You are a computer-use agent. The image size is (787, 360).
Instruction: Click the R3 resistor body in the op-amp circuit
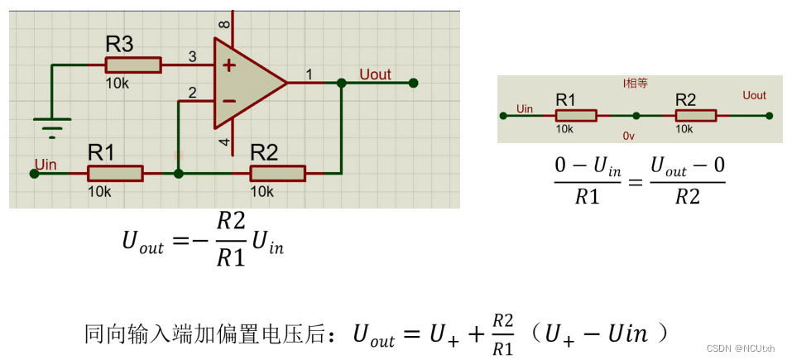[x=132, y=65]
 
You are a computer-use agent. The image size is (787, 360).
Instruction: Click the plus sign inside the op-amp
[x=228, y=65]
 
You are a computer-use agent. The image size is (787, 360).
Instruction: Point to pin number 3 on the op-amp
[x=192, y=57]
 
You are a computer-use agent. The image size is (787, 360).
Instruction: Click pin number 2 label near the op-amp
[x=192, y=93]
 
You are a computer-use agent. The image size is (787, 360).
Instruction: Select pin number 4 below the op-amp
[x=223, y=143]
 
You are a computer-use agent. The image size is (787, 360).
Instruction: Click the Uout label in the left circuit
[x=375, y=74]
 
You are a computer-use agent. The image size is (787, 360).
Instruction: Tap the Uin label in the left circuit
[x=46, y=165]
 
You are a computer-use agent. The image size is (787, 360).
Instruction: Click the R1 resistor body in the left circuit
[x=115, y=173]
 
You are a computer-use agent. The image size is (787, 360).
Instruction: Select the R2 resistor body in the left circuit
[x=277, y=173]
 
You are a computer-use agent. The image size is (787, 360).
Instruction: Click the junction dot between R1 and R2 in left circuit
[x=179, y=173]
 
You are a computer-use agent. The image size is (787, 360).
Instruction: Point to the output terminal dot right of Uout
[x=413, y=83]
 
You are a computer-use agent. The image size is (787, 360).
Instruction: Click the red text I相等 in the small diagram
[x=636, y=84]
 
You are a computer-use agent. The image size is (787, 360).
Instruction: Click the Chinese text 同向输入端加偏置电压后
[x=211, y=334]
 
